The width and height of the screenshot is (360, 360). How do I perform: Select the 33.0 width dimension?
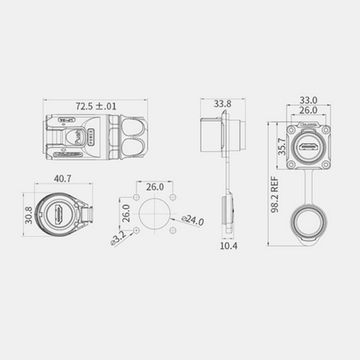(x=309, y=99)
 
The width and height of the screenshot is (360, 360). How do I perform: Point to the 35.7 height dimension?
(x=283, y=145)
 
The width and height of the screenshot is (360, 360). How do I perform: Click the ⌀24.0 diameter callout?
(x=193, y=221)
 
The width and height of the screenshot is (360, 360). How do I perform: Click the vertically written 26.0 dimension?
(x=127, y=213)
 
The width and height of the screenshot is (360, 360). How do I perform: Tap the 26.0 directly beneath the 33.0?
(x=309, y=112)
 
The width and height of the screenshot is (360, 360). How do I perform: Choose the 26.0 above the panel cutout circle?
(x=156, y=187)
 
